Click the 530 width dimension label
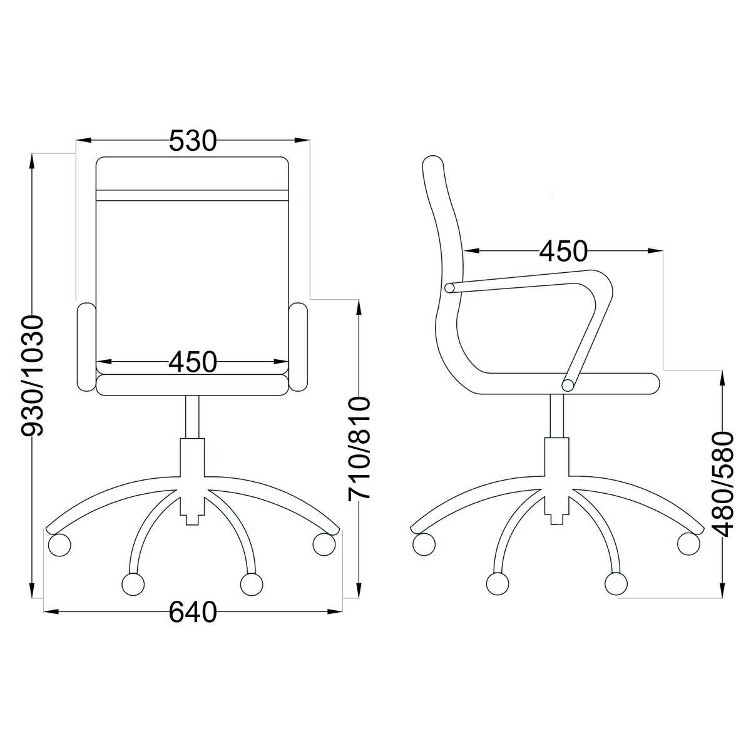click(x=193, y=141)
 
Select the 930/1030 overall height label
click(x=33, y=375)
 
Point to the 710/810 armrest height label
click(x=359, y=448)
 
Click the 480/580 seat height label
click(x=723, y=484)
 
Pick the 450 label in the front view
click(x=193, y=362)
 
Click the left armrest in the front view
click(x=87, y=347)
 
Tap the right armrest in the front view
click(x=298, y=347)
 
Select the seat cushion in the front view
click(x=193, y=385)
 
